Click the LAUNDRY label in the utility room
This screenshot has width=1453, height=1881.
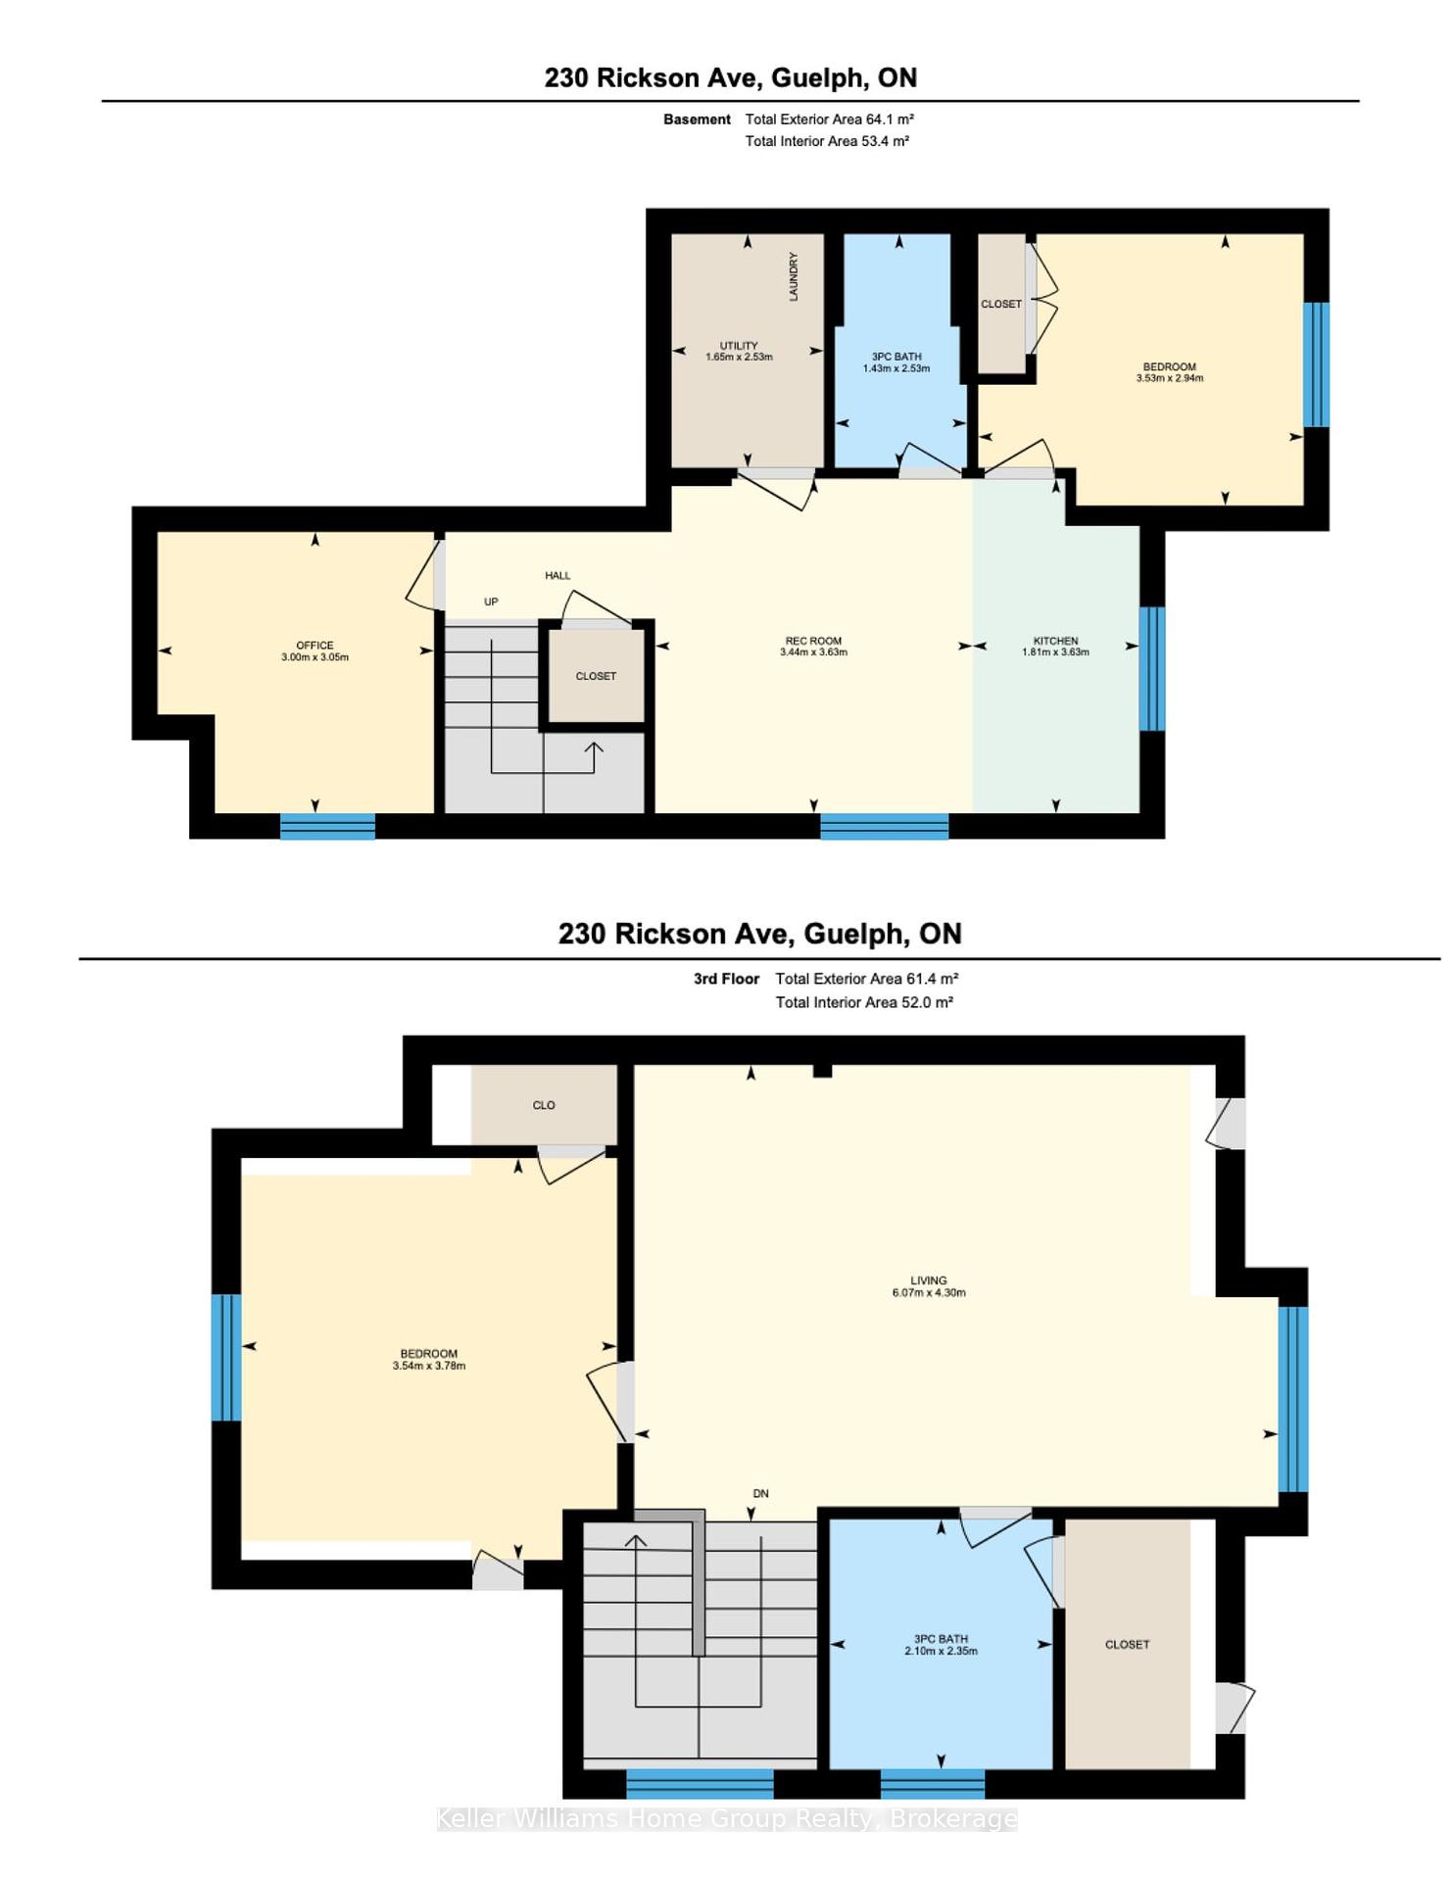tap(794, 276)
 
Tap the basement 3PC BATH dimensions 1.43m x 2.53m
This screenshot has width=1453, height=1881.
tap(896, 368)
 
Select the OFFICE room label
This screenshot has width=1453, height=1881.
tap(315, 646)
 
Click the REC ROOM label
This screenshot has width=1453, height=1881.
tap(813, 641)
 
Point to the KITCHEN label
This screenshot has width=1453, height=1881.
tap(1055, 641)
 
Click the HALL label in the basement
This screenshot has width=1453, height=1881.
tap(557, 575)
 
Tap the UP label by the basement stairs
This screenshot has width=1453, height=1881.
tap(491, 602)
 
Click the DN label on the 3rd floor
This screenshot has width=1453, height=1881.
tap(760, 1494)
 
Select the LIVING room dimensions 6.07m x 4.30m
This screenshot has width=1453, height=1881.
tap(929, 1292)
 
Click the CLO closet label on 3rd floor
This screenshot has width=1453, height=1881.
tap(544, 1105)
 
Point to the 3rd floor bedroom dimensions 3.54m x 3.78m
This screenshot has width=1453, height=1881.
tap(429, 1366)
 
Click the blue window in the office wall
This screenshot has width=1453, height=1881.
tap(327, 827)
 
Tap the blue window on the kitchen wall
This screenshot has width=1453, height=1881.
tap(1152, 669)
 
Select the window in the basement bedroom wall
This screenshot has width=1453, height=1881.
tap(1316, 364)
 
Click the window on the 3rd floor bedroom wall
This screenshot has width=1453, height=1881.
tap(226, 1358)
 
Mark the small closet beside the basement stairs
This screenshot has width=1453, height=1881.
tap(596, 676)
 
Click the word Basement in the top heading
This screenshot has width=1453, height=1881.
tap(697, 120)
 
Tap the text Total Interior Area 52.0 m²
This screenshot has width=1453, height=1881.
tap(864, 1002)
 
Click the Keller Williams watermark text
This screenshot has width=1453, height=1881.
tap(727, 1819)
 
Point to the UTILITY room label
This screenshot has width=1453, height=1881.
tap(739, 346)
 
